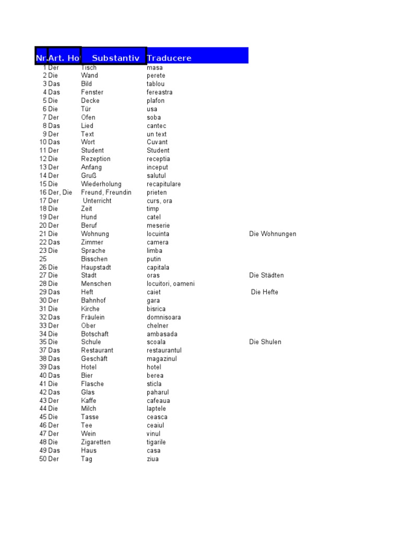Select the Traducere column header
[x=169, y=58]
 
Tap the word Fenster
[x=92, y=92]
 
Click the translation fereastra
[x=160, y=92]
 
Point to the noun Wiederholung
[x=101, y=184]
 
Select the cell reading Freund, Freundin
[x=107, y=192]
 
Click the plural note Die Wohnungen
[x=273, y=234]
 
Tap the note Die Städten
[x=267, y=275]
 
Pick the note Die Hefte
[x=265, y=292]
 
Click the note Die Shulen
[x=265, y=342]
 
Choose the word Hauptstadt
[x=96, y=267]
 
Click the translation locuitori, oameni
[x=171, y=284]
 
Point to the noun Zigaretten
[x=96, y=442]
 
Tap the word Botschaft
[x=95, y=334]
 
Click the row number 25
[x=43, y=259]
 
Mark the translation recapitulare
[x=163, y=184]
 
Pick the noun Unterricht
[x=97, y=201]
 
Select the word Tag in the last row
[x=87, y=459]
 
